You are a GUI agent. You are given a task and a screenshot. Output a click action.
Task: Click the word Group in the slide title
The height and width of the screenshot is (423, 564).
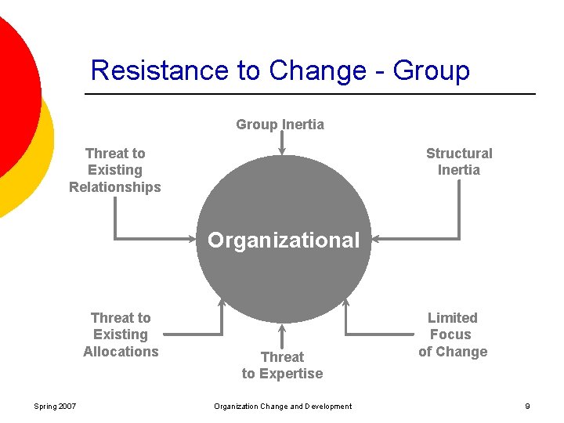click(431, 70)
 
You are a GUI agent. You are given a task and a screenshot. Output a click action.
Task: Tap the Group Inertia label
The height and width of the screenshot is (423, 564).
click(280, 125)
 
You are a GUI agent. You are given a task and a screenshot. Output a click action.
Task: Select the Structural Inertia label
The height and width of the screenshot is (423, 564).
click(459, 161)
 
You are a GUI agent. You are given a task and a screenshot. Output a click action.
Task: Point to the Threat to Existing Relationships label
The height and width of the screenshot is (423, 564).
click(115, 170)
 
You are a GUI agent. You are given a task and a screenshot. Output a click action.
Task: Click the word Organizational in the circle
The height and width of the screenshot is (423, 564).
click(284, 240)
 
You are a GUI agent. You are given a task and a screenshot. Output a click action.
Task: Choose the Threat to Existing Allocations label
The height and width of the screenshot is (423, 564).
click(121, 334)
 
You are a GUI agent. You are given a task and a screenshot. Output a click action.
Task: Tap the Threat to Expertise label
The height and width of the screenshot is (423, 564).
click(282, 365)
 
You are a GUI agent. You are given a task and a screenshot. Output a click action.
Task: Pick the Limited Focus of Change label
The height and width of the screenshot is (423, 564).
click(452, 334)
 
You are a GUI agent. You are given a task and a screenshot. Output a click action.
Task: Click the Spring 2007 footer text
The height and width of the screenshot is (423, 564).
click(55, 406)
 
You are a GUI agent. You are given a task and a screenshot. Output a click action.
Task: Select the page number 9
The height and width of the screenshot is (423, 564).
click(527, 406)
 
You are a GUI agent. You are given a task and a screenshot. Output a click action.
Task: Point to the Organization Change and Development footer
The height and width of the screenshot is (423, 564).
click(283, 406)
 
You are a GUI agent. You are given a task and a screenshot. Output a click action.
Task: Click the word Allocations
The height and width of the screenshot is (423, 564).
click(121, 352)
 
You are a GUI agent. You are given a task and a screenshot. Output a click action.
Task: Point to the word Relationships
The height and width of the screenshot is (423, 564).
click(115, 187)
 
